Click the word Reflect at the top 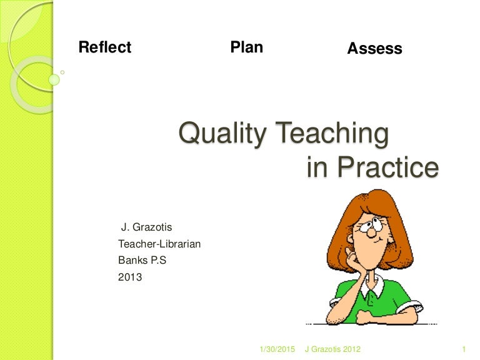click(x=105, y=47)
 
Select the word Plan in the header click(x=246, y=47)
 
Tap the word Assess click(x=374, y=49)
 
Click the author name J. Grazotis click(x=146, y=227)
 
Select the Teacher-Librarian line click(x=159, y=244)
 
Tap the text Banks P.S click(x=142, y=260)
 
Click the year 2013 click(x=130, y=276)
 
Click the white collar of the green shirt click(x=373, y=289)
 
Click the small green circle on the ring click(x=54, y=79)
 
